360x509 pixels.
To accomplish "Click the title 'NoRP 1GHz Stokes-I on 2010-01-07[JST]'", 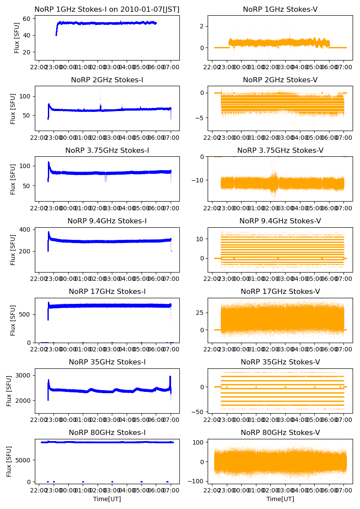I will point(107,9).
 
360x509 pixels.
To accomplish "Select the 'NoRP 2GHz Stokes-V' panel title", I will point(280,80).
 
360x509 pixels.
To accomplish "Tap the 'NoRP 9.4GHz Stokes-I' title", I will point(107,221).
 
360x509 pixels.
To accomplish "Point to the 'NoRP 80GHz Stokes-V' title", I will point(280,433).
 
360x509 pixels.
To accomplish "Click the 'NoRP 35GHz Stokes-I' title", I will point(107,362).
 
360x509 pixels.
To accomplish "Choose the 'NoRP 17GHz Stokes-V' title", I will point(280,292).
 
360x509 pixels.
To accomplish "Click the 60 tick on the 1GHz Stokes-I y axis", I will point(27,19).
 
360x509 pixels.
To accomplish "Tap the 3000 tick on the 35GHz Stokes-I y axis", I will point(22,375).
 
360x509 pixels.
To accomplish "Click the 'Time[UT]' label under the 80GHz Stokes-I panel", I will point(107,499).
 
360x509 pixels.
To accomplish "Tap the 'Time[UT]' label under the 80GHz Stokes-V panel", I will point(280,499).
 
